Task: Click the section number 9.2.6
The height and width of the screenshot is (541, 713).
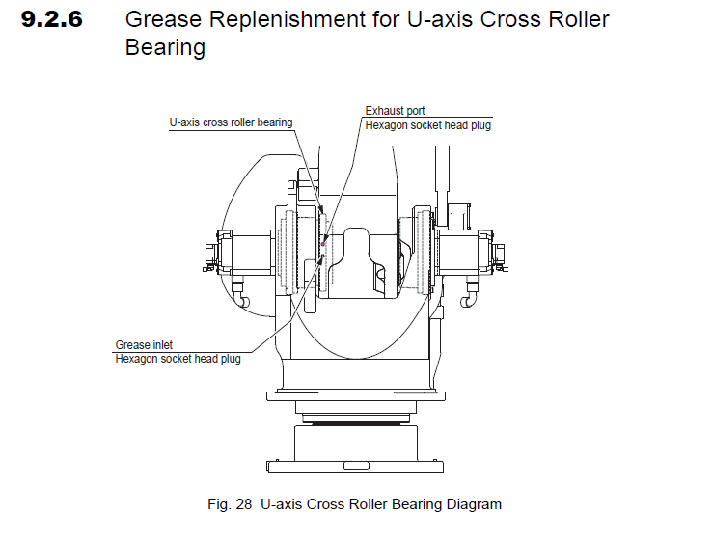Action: [55, 19]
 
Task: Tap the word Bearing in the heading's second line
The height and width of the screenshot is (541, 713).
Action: [165, 47]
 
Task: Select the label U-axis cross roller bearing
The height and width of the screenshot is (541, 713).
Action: [231, 122]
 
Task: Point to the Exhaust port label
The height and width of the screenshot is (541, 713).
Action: [395, 111]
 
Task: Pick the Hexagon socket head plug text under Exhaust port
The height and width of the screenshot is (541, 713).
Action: [427, 125]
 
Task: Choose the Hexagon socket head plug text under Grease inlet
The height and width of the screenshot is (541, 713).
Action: [178, 359]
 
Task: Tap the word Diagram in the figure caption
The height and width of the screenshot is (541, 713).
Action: [474, 504]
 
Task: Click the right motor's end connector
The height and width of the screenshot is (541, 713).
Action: [499, 253]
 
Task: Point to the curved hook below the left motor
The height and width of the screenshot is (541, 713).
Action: [244, 302]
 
